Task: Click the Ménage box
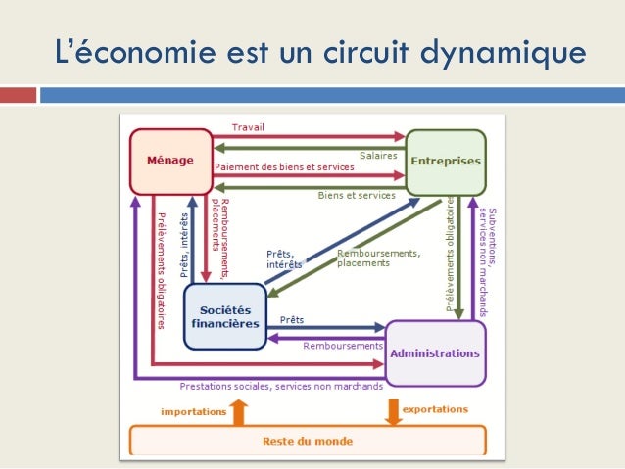(x=170, y=161)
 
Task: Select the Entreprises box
(x=446, y=162)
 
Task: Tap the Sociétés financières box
(x=224, y=316)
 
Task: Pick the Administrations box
(x=435, y=352)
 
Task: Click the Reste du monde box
(x=307, y=441)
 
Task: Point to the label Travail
(x=248, y=127)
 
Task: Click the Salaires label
(x=377, y=155)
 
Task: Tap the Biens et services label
(x=357, y=195)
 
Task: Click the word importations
(x=193, y=412)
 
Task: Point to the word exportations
(x=435, y=409)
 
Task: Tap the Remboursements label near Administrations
(x=342, y=346)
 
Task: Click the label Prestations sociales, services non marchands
(x=281, y=386)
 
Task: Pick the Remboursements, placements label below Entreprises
(x=378, y=258)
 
